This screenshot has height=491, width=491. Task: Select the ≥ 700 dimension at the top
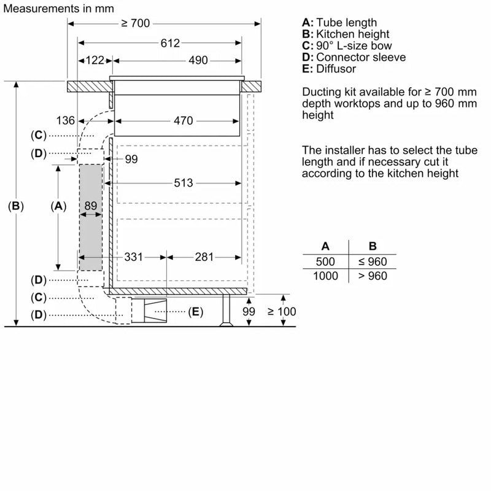(x=135, y=23)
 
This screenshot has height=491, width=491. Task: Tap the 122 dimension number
(x=95, y=60)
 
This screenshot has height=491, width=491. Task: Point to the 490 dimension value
(x=198, y=60)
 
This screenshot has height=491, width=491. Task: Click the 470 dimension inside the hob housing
(x=183, y=121)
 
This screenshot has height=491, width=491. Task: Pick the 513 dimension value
(x=183, y=183)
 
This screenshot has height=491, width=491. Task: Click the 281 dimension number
(x=204, y=257)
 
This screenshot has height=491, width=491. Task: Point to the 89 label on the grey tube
(x=91, y=206)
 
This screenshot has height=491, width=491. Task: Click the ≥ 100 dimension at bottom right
(x=282, y=312)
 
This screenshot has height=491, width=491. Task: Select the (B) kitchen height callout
(x=16, y=207)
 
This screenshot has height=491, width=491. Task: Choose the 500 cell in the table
(x=325, y=262)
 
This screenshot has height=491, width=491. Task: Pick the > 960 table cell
(x=372, y=276)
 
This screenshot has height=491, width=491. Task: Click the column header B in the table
(x=372, y=246)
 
